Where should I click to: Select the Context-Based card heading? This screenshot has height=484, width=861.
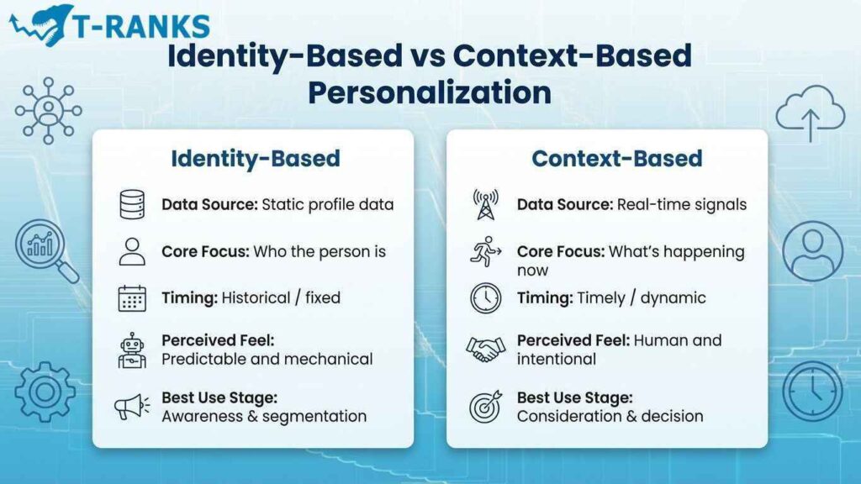pos(616,158)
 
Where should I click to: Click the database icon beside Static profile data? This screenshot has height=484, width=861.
pos(132,204)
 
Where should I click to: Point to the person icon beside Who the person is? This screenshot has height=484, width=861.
pos(132,251)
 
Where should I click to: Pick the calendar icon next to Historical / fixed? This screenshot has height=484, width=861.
pos(132,298)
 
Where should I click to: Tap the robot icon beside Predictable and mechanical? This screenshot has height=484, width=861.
pos(132,350)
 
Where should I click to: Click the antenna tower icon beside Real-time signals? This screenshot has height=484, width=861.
pos(485,204)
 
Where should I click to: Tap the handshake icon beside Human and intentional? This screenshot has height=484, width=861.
pos(485,349)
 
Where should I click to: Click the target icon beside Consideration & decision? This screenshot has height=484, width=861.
pos(485,406)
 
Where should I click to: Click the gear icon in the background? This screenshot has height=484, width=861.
pos(45,392)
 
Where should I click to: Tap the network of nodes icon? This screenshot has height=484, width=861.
pos(48,110)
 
